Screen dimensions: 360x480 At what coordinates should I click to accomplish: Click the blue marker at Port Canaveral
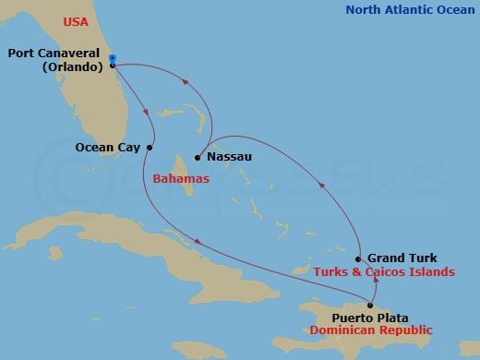(x=112, y=59)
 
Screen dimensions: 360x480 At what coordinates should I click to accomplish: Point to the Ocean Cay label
(x=107, y=146)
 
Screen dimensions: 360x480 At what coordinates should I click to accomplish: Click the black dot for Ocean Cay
(x=150, y=147)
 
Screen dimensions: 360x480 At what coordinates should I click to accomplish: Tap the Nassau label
(x=228, y=157)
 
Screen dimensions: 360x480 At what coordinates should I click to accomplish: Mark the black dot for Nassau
(x=198, y=157)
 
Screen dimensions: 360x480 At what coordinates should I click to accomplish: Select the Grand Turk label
(x=402, y=258)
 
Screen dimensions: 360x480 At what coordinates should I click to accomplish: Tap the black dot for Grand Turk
(x=357, y=259)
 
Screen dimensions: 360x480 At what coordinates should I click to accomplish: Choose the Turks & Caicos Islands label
(x=385, y=272)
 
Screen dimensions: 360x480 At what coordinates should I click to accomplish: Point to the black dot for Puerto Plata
(x=370, y=306)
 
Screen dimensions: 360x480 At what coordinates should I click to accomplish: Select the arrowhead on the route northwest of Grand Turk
(x=322, y=186)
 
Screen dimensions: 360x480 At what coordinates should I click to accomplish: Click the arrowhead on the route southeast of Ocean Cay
(x=197, y=243)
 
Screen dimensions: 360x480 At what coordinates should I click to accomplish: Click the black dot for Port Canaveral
(x=112, y=66)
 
